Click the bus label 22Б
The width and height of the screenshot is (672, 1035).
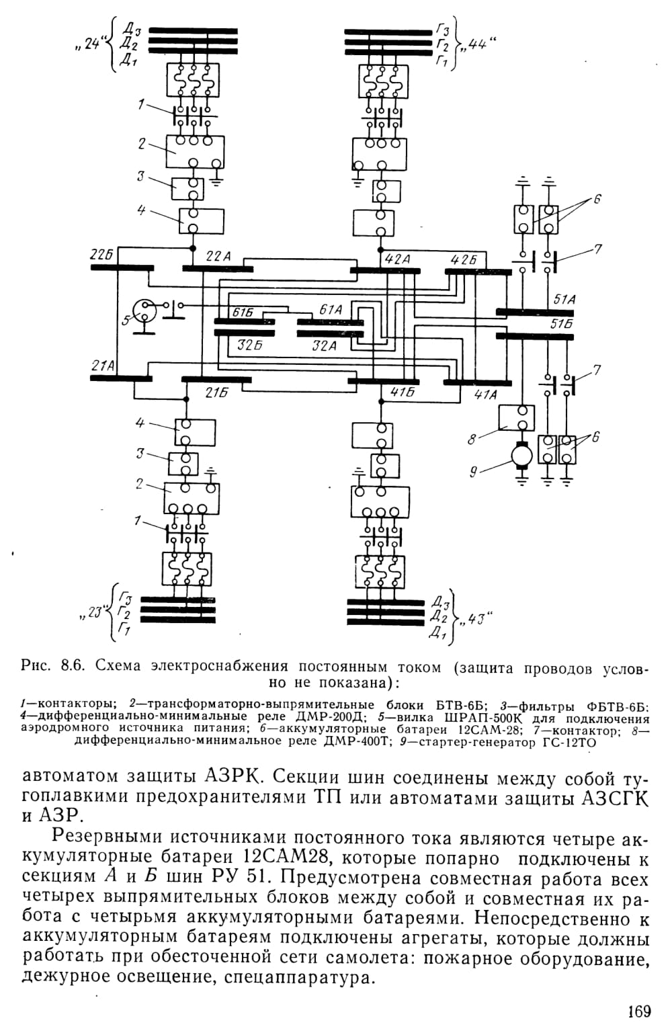(103, 255)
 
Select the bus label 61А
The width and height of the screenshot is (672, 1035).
(330, 310)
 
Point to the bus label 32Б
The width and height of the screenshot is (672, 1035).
(250, 345)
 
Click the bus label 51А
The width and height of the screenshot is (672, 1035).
(564, 300)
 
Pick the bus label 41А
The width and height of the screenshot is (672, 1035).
(485, 395)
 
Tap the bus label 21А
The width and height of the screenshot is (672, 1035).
(103, 366)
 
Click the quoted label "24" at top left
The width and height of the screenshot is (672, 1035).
(92, 45)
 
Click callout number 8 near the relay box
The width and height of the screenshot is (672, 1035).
(472, 439)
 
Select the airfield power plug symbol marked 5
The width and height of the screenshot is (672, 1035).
(144, 311)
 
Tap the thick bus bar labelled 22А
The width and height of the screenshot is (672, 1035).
(217, 269)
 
